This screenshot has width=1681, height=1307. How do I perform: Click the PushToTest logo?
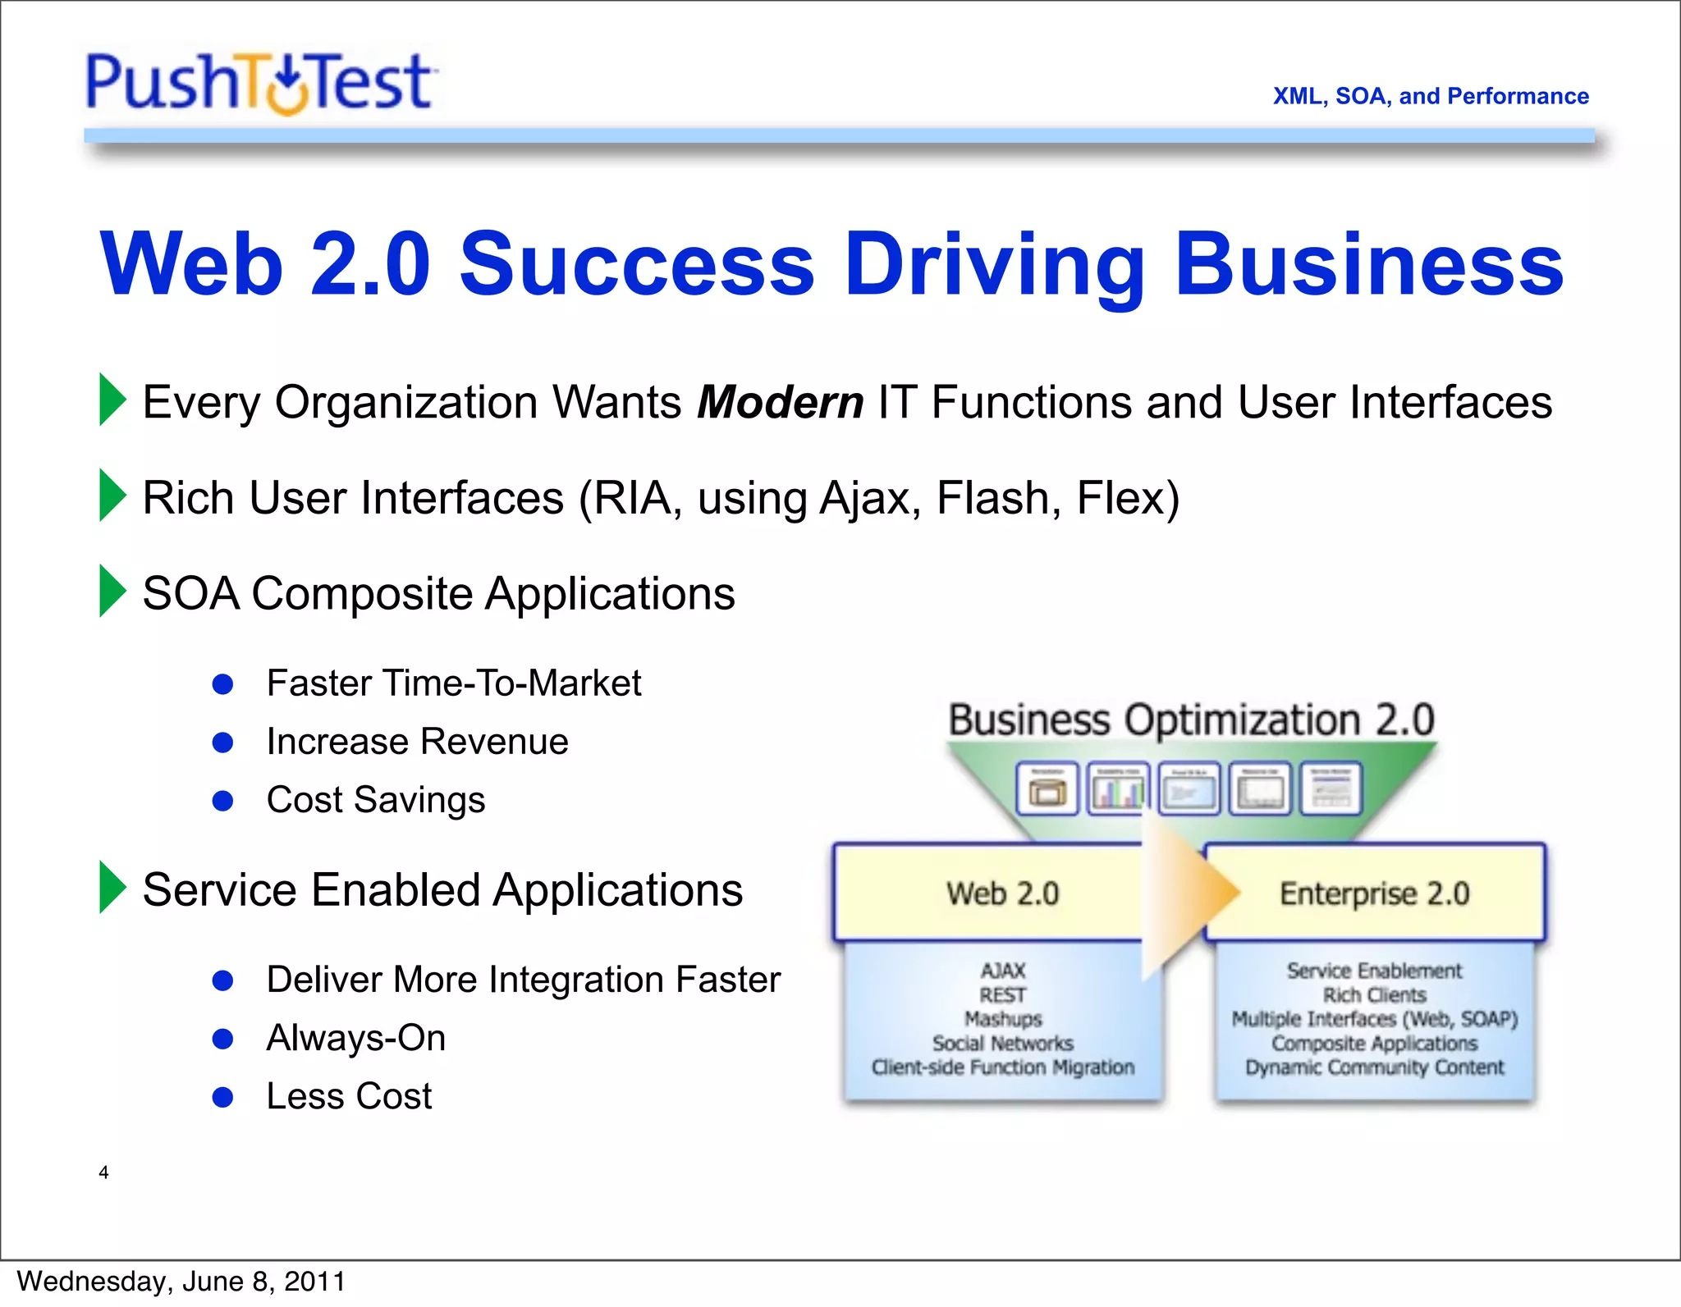260,83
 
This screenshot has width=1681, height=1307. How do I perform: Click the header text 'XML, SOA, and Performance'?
1430,96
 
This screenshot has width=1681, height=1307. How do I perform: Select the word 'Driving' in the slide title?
994,264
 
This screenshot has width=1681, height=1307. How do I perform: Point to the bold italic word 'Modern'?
780,403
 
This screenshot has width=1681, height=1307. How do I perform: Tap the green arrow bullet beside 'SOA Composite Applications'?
112,591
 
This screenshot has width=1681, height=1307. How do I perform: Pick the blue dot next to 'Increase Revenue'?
222,743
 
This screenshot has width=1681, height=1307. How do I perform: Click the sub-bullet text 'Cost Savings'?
375,800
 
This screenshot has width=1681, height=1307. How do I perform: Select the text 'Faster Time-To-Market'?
453,683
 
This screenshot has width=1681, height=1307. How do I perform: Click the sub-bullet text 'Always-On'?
355,1038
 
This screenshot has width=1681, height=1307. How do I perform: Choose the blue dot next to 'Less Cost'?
222,1097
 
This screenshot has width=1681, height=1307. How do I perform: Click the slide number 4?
103,1172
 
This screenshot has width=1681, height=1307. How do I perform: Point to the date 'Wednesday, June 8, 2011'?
181,1282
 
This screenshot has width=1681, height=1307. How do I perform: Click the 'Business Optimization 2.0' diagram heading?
1191,720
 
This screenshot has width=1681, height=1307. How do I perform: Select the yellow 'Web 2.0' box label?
1002,893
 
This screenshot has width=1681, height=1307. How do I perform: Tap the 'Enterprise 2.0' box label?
1374,893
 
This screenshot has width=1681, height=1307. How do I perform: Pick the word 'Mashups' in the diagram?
1003,1019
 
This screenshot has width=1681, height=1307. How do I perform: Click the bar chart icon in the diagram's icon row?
1118,789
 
